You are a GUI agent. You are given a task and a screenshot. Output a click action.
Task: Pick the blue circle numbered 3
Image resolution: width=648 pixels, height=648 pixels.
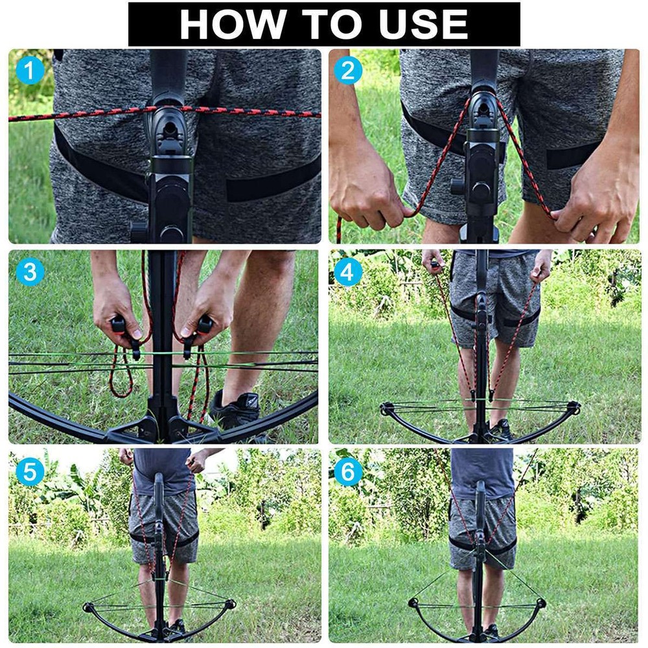(29, 272)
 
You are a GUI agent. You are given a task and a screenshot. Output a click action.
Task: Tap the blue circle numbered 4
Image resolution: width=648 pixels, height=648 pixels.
(348, 272)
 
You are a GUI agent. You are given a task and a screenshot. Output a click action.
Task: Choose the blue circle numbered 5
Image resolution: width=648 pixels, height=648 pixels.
(29, 471)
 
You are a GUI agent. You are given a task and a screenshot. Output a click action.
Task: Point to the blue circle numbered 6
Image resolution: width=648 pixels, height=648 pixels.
(348, 471)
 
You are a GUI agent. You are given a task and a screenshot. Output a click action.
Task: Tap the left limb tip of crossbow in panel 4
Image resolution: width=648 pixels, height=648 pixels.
(387, 408)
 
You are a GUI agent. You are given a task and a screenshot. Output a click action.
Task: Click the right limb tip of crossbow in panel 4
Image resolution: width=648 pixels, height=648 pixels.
(573, 408)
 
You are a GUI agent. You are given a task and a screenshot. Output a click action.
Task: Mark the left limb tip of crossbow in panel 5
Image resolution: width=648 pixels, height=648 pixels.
(89, 608)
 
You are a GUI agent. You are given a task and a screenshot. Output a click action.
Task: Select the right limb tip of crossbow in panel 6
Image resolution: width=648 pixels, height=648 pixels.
(540, 603)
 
